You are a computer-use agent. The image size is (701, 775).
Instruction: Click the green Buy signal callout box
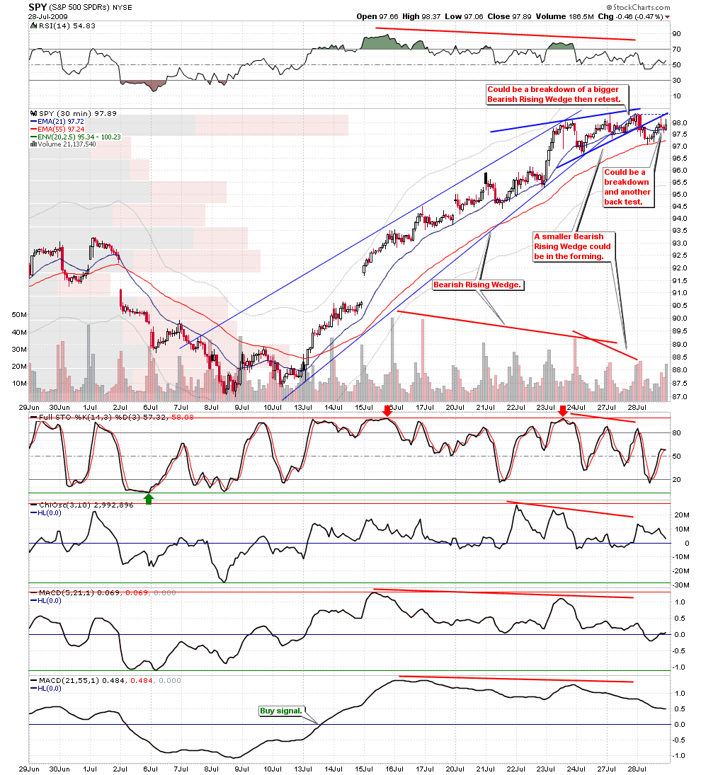(281, 710)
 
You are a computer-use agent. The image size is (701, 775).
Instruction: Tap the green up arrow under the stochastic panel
(149, 498)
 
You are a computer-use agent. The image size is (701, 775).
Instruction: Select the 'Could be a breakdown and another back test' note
(627, 187)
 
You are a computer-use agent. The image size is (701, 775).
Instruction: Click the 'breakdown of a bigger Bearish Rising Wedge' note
(554, 95)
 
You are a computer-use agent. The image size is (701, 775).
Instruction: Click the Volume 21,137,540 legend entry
(68, 144)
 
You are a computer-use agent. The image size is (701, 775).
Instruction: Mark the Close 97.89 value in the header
(509, 16)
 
